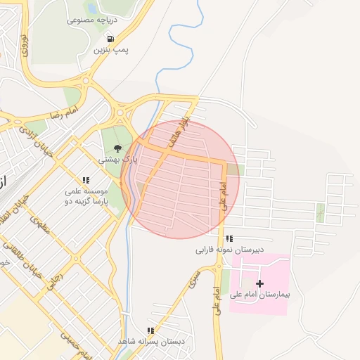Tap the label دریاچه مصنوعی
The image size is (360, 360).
click(91, 20)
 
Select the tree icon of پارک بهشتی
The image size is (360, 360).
click(117, 148)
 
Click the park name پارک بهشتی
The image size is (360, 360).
click(117, 160)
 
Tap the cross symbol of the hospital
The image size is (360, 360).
click(260, 284)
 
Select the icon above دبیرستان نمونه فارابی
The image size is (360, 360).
click(230, 238)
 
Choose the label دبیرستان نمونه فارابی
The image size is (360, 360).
click(230, 250)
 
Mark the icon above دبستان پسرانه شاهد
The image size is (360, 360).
click(150, 330)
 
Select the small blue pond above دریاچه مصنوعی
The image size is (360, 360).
click(91, 8)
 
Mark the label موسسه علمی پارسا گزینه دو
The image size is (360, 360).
click(85, 196)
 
